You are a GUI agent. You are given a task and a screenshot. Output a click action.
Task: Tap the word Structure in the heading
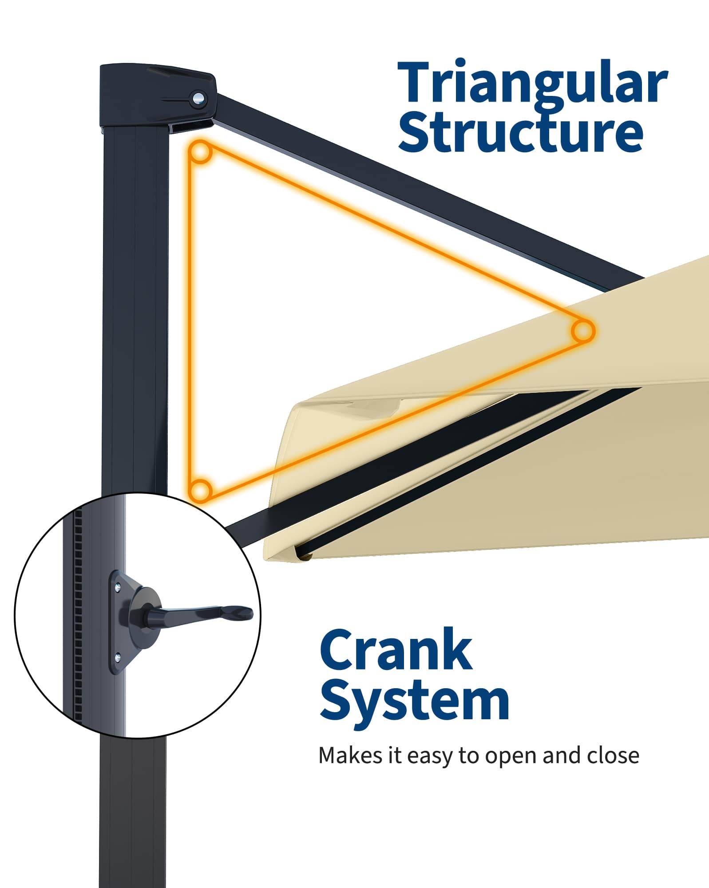tap(520, 132)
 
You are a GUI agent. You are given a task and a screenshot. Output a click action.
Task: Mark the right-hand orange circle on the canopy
tap(582, 331)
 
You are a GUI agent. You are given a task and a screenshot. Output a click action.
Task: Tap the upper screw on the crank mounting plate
tap(117, 587)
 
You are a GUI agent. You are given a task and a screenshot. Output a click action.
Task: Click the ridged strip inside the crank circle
tap(78, 622)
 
